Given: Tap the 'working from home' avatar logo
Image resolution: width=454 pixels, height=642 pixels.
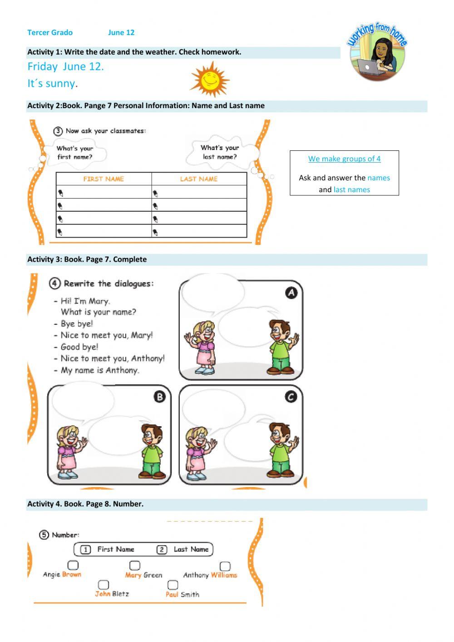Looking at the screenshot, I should coord(377,53).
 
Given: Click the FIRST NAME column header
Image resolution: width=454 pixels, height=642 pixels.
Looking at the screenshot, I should coord(104,179).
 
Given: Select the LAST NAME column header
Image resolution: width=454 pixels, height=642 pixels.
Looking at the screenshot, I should coord(199,179).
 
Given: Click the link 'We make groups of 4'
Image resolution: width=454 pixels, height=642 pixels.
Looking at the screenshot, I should coord(344,159).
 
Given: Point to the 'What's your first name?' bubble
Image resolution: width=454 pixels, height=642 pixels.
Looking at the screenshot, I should coord(75,153).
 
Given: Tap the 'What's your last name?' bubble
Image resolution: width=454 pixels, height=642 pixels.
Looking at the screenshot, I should coord(220,152).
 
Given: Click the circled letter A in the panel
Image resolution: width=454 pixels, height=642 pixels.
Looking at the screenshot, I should coord(291,293).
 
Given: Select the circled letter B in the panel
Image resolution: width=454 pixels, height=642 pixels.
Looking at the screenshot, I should coord(159,397).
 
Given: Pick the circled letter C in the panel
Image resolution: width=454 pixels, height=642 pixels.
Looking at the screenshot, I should coord(291,397).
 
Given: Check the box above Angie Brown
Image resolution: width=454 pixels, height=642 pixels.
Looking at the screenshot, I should coord(73,565).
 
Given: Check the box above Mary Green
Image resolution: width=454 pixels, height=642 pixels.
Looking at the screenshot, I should coord(135,565).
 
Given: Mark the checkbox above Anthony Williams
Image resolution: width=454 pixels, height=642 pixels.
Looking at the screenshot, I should coord(225,566).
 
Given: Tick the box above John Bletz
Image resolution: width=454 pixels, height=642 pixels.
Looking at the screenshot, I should coord(104,584).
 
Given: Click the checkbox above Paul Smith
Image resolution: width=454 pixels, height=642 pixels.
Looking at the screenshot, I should coord(173,585).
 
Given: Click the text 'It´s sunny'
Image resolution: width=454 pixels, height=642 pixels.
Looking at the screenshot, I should coord(51,84).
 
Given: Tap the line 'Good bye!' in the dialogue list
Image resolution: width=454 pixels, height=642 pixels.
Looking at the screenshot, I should coord(79,347).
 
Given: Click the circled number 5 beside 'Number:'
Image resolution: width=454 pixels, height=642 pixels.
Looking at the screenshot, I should coord(44,535).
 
